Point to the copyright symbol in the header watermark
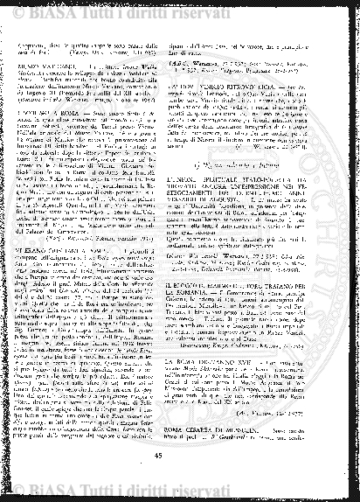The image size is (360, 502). coord(23,10)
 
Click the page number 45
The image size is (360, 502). coord(180,451)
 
